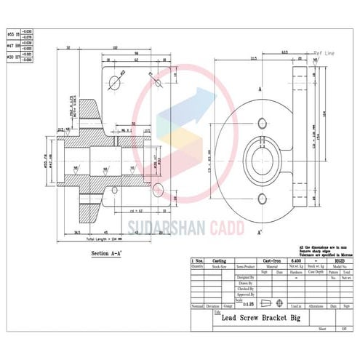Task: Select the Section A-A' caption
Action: coord(111,253)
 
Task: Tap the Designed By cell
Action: coord(247,278)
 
